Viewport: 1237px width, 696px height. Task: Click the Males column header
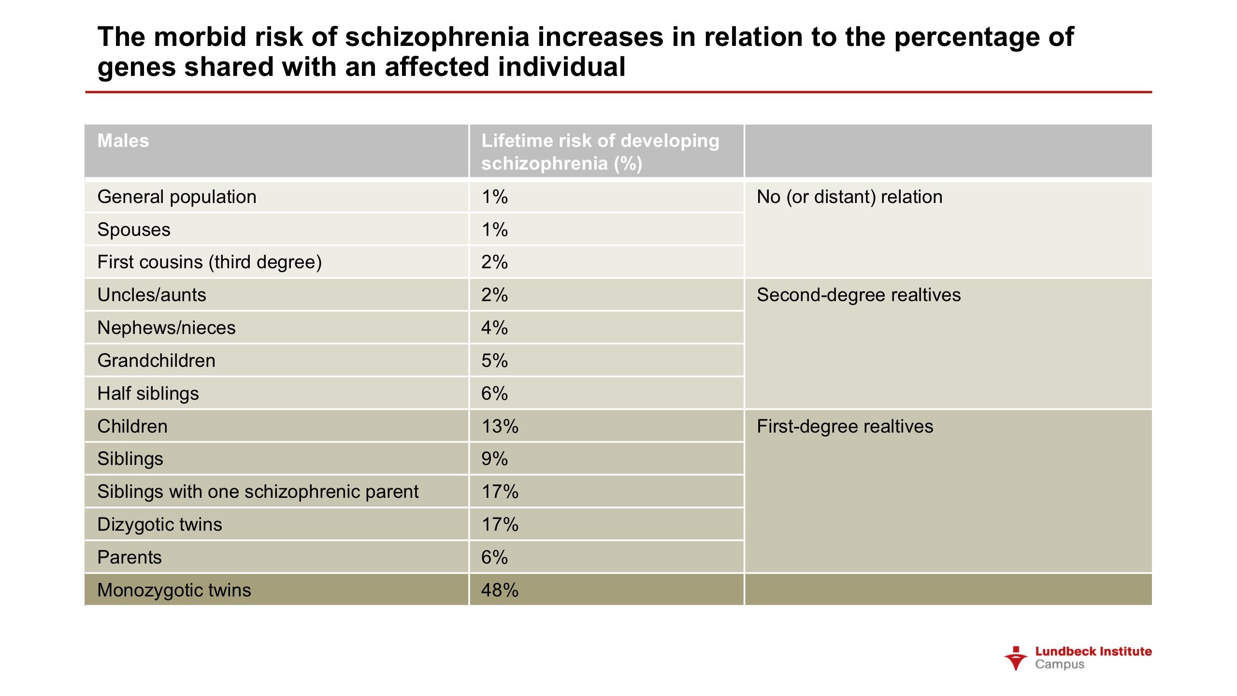pos(123,141)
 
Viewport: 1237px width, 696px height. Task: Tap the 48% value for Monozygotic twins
pos(500,590)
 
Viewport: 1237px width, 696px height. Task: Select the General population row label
pos(177,197)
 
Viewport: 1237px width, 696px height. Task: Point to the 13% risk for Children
pos(500,426)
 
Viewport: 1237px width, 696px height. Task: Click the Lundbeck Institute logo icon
pos(1016,658)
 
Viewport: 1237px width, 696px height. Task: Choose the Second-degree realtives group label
pos(859,295)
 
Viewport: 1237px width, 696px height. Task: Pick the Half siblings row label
pos(148,393)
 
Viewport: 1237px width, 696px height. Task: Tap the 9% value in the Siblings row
pos(494,459)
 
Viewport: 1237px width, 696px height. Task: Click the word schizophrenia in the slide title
pos(437,37)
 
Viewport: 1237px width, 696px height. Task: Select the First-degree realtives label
pos(845,426)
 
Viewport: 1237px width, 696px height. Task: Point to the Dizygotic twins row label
pos(159,524)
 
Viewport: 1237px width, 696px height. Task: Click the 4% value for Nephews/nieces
pos(494,328)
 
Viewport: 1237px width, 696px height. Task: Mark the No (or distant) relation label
pos(849,197)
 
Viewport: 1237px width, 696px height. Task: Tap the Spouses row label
pos(134,230)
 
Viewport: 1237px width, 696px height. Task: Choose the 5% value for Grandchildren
pos(494,361)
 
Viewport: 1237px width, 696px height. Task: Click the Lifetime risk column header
pos(600,152)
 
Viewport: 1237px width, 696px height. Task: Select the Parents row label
pos(129,557)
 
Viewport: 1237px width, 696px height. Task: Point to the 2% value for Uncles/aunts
pos(494,295)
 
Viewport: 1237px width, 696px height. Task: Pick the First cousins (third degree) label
pos(209,262)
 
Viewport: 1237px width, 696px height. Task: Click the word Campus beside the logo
pos(1060,665)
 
